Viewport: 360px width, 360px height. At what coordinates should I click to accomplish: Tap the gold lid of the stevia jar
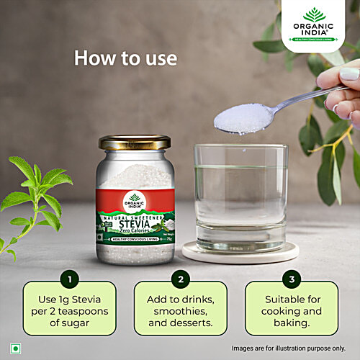[135, 143]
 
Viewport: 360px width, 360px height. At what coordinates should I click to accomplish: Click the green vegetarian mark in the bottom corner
[15, 347]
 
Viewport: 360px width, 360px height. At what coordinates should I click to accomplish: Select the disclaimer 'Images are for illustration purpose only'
[294, 348]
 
